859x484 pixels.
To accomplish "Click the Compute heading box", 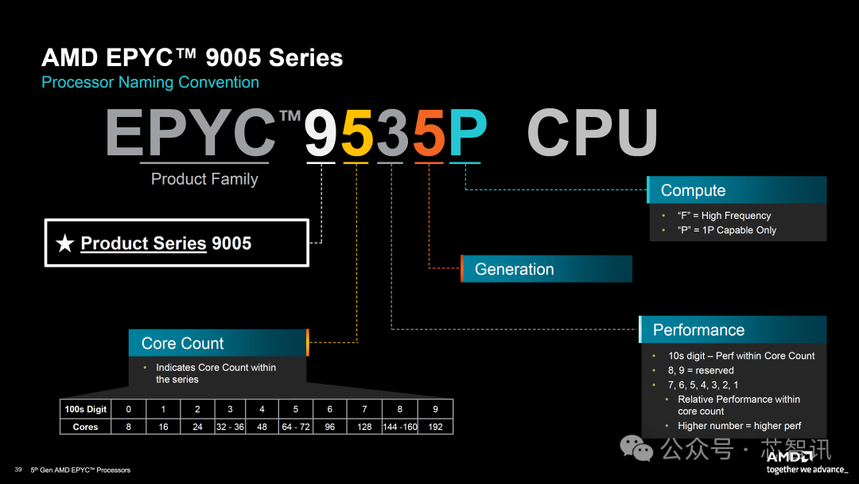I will click(737, 190).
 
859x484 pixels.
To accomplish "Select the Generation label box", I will click(546, 269).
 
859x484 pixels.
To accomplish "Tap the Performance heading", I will click(733, 330).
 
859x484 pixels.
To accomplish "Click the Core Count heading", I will click(217, 343).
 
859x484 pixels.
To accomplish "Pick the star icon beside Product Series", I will click(65, 244).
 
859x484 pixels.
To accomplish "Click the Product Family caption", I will click(204, 179).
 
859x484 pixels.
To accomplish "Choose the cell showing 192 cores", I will click(435, 427).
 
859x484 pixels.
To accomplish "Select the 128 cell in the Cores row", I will click(365, 427).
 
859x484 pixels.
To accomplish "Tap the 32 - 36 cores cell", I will click(230, 427).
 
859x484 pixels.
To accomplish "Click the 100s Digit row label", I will click(85, 409).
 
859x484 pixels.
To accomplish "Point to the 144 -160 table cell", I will click(400, 427).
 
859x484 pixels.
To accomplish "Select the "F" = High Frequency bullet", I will click(724, 216).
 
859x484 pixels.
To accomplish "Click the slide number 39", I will click(17, 470).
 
